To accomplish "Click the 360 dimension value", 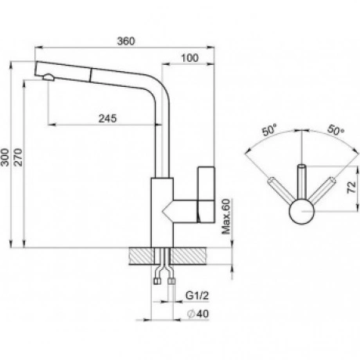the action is coord(126,41).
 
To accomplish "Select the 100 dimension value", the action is coord(189,58).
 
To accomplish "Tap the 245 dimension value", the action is coord(107,118).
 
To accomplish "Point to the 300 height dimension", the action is coord(5,157).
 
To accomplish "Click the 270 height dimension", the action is coord(18,157).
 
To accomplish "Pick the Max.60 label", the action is coord(226,216).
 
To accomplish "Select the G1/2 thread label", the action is coord(197,296).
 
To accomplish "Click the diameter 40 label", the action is coord(198,314).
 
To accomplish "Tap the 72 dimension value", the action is coord(351,187).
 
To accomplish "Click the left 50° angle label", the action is coord(270,130).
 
